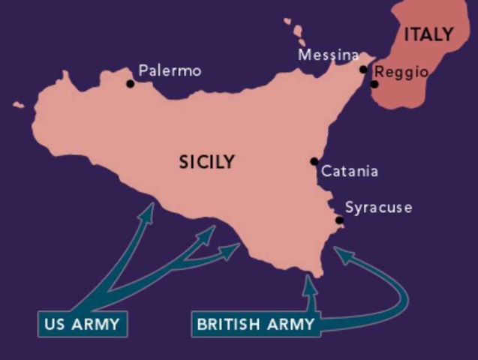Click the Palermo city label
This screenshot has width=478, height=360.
click(170, 71)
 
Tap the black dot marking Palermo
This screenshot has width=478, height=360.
click(130, 83)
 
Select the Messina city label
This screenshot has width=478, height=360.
click(328, 55)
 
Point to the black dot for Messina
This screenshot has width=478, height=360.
click(363, 70)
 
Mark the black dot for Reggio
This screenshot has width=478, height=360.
click(374, 84)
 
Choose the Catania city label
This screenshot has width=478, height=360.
click(349, 172)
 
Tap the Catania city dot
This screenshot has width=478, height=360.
click(314, 161)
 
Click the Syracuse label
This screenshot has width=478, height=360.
click(378, 208)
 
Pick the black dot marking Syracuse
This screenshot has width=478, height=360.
click(339, 220)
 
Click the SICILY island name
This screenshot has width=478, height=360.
click(207, 162)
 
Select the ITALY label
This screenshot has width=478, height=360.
click(428, 34)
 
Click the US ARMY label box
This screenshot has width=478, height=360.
click(83, 325)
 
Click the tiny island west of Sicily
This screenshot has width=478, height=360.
click(18, 105)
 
